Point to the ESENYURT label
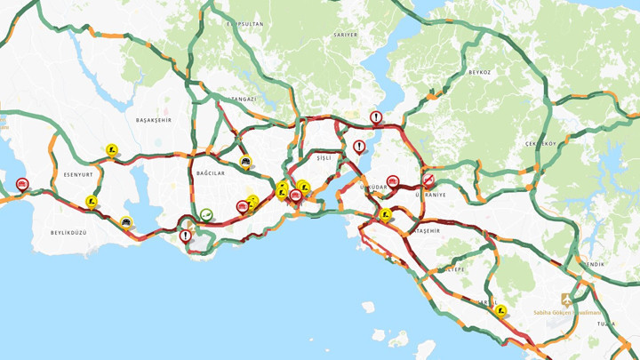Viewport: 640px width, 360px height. (x=79, y=174)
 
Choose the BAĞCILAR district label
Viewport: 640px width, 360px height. (x=208, y=174)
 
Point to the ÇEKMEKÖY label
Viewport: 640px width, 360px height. (x=540, y=144)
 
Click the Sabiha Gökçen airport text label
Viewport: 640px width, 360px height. (x=566, y=313)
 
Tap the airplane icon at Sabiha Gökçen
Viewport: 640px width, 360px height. (x=565, y=300)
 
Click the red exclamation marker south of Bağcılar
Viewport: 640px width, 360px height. (x=185, y=236)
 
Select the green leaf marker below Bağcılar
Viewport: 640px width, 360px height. (x=206, y=214)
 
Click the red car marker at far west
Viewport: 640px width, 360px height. (x=22, y=184)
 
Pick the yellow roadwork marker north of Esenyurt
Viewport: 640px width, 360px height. (x=112, y=150)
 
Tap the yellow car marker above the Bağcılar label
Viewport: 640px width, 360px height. (x=245, y=162)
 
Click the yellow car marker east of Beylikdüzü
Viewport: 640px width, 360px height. (x=127, y=222)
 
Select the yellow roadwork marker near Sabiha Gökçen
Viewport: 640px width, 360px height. (x=502, y=311)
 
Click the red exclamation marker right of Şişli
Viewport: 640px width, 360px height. (x=359, y=146)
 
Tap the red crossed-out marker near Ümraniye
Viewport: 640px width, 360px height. (x=428, y=178)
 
